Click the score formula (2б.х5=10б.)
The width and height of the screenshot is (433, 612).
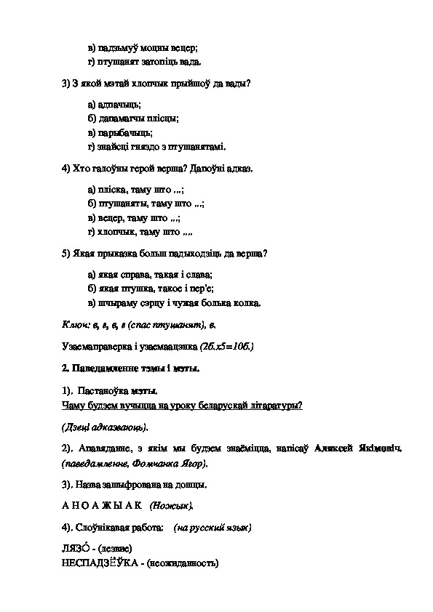(x=221, y=345)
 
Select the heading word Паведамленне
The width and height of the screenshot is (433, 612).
(x=100, y=368)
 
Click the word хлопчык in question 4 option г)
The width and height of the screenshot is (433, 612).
(x=115, y=232)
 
